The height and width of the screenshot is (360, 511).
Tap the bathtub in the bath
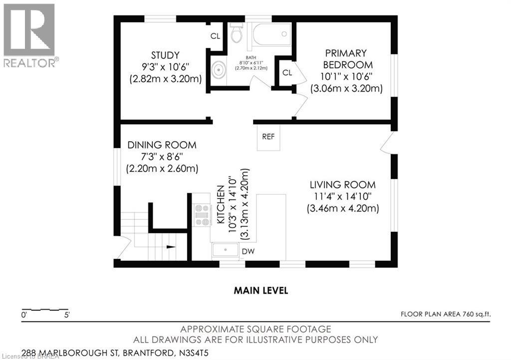(x=271, y=34)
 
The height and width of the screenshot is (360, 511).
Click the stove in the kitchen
(x=203, y=215)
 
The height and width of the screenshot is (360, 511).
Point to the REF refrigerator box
(x=268, y=137)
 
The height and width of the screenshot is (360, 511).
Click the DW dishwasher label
(x=249, y=251)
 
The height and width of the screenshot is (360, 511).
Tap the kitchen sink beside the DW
(x=225, y=250)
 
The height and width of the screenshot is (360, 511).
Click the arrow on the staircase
(x=171, y=246)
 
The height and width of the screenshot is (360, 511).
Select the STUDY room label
(x=165, y=54)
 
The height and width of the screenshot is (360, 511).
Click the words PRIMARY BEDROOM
(x=346, y=59)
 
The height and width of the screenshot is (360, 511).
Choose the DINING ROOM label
(x=162, y=145)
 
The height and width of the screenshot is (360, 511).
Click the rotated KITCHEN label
(x=220, y=206)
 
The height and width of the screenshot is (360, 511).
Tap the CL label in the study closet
(x=215, y=36)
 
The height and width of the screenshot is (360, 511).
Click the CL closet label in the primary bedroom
(x=287, y=73)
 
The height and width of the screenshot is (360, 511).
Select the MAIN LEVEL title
(x=261, y=290)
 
